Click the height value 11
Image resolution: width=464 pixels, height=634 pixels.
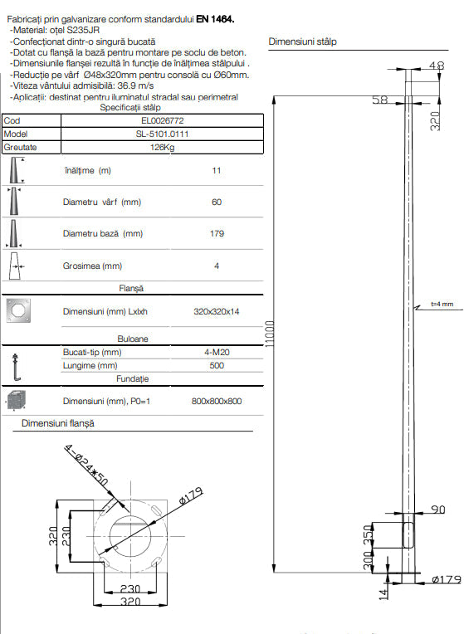(217, 170)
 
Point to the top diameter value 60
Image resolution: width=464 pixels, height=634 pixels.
(217, 202)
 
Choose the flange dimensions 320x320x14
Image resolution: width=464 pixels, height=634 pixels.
(217, 312)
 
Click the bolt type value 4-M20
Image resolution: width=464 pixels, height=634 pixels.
(217, 353)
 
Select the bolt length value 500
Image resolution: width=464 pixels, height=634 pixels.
(217, 365)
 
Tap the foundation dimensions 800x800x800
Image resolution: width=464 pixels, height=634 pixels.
(217, 402)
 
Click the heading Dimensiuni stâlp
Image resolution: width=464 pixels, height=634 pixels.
(303, 41)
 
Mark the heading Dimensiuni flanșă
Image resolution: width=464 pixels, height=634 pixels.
(57, 423)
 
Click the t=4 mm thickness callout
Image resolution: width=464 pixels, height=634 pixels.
(442, 304)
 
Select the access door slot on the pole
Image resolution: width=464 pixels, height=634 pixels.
(407, 534)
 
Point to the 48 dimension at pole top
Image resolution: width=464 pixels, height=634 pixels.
(437, 65)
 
